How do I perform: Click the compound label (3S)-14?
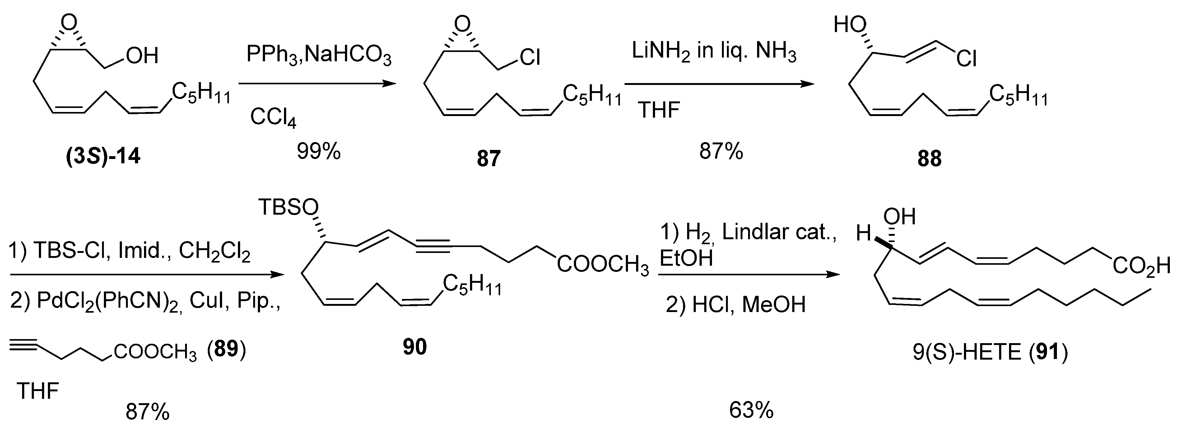click(x=103, y=157)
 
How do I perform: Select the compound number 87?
click(x=488, y=159)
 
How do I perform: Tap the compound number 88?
click(x=929, y=159)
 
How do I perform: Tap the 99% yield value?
click(x=319, y=151)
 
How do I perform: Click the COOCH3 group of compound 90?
click(x=602, y=266)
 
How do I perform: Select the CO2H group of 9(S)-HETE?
click(x=1141, y=266)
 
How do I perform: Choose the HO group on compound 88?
click(x=850, y=25)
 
